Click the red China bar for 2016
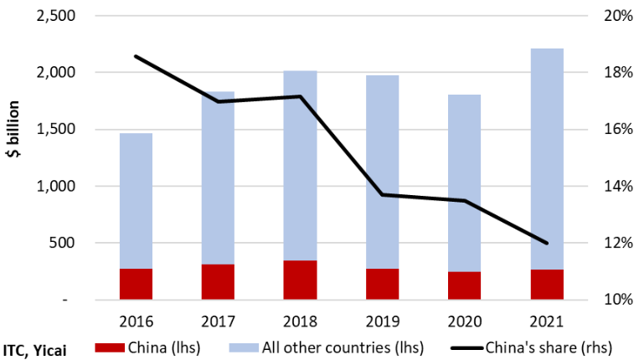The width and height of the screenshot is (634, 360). coord(136,283)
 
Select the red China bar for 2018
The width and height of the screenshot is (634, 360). coord(300,279)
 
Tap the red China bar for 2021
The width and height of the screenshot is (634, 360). coord(547,283)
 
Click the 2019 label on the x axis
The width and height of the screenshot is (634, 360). coord(382,321)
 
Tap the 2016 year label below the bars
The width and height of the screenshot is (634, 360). coord(136,321)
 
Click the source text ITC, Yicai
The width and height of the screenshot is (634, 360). coord(35,347)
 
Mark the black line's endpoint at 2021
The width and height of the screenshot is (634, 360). coord(547,244)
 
